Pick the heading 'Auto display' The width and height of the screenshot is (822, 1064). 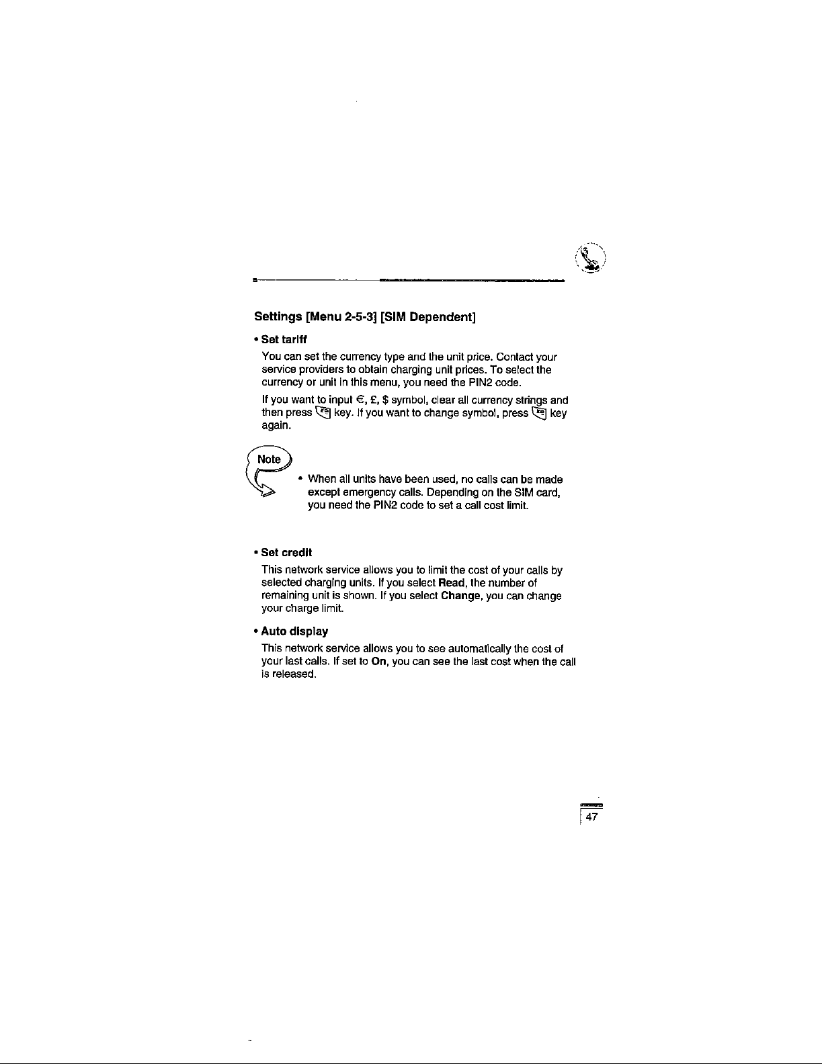coord(294,631)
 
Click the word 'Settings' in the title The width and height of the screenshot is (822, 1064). coord(278,317)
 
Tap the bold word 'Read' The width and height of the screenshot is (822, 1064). coord(453,582)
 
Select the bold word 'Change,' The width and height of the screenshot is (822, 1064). coord(462,596)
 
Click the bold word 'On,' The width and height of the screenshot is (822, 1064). coord(380,662)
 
